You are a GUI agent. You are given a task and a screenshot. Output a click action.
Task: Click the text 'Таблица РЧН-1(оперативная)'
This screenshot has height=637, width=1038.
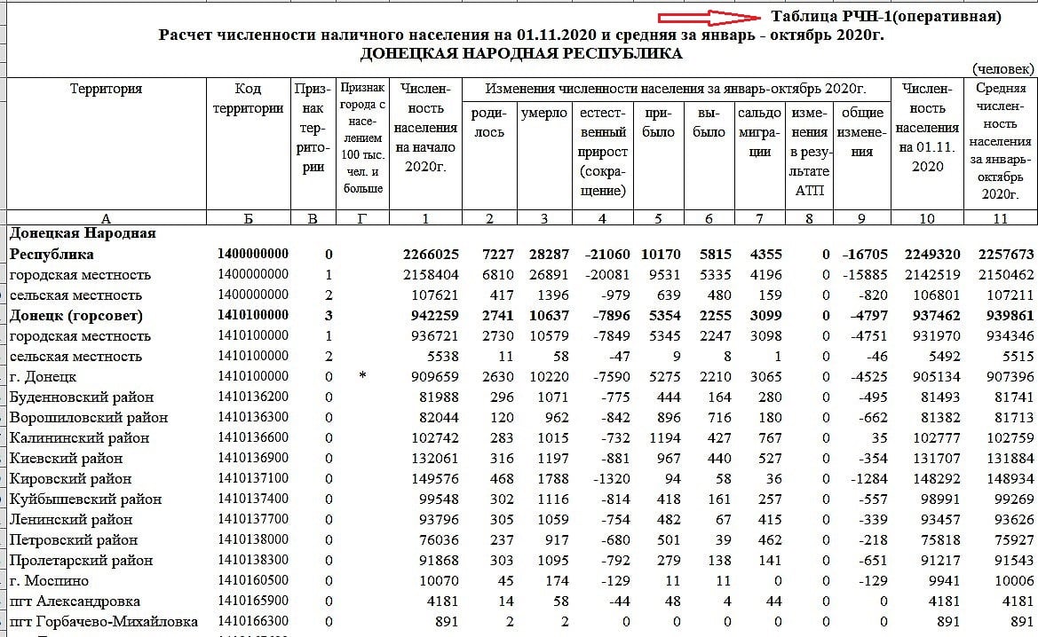885,17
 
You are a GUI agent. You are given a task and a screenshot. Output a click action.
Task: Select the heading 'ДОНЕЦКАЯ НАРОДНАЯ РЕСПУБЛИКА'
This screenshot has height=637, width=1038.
521,54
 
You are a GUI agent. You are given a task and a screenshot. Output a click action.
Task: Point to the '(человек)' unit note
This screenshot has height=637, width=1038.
1002,68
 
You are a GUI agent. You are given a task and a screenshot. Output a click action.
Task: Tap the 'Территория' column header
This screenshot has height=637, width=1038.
106,89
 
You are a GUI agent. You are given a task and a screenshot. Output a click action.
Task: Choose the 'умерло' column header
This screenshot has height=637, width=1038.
543,114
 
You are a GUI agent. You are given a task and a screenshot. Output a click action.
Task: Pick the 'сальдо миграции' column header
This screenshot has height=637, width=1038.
759,131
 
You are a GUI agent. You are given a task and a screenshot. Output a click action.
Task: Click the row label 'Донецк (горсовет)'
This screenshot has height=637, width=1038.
75,315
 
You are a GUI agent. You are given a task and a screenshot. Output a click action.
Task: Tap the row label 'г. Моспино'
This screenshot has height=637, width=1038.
49,581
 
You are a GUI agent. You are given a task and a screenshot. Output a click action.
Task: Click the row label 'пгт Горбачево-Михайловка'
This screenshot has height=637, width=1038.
103,622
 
